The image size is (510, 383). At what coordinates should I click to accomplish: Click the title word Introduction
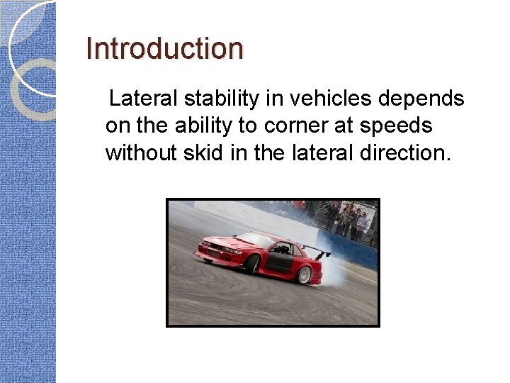click(164, 49)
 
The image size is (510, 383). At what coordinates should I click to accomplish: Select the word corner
click(296, 126)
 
